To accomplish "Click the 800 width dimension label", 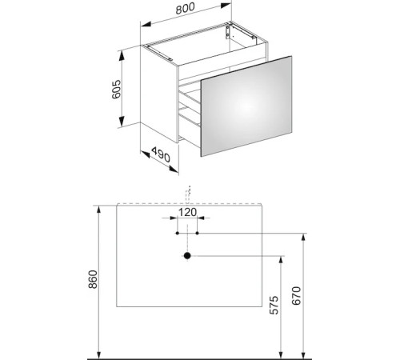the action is tap(186, 9).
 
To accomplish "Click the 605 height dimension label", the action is tap(117, 90).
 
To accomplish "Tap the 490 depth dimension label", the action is tap(161, 154).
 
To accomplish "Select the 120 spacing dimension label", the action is tap(187, 213).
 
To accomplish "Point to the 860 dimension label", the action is tap(93, 279).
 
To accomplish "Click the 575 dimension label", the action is tap(274, 305).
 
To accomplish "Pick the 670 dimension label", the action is tap(296, 296).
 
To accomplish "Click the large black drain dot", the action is tap(187, 256).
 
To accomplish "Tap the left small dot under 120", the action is tap(178, 233).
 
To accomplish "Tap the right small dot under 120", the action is tap(198, 233).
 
